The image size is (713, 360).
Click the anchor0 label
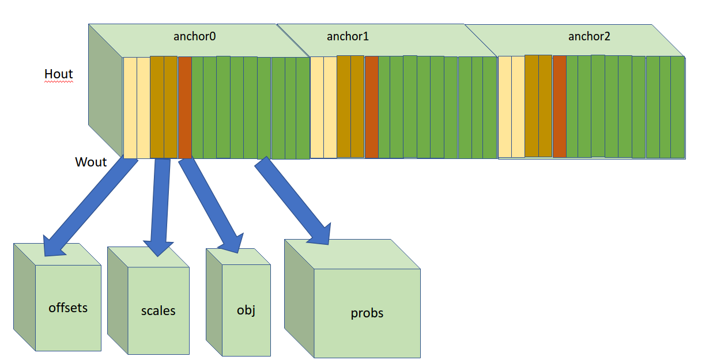tap(194, 37)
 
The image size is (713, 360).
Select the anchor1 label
tap(348, 37)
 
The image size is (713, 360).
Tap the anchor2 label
tap(588, 37)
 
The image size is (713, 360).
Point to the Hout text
tap(59, 74)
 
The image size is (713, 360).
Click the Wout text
tap(91, 162)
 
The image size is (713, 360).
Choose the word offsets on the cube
tap(68, 308)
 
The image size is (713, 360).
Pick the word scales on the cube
tap(158, 311)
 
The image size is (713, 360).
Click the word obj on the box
tap(246, 310)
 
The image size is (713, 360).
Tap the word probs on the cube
tap(367, 313)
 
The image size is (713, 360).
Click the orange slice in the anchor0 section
tap(184, 107)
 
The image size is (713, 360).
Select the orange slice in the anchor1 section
tap(372, 107)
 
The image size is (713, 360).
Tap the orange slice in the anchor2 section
tap(559, 107)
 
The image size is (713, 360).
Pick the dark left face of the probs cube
tap(299, 300)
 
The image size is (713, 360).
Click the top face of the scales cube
tap(149, 257)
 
